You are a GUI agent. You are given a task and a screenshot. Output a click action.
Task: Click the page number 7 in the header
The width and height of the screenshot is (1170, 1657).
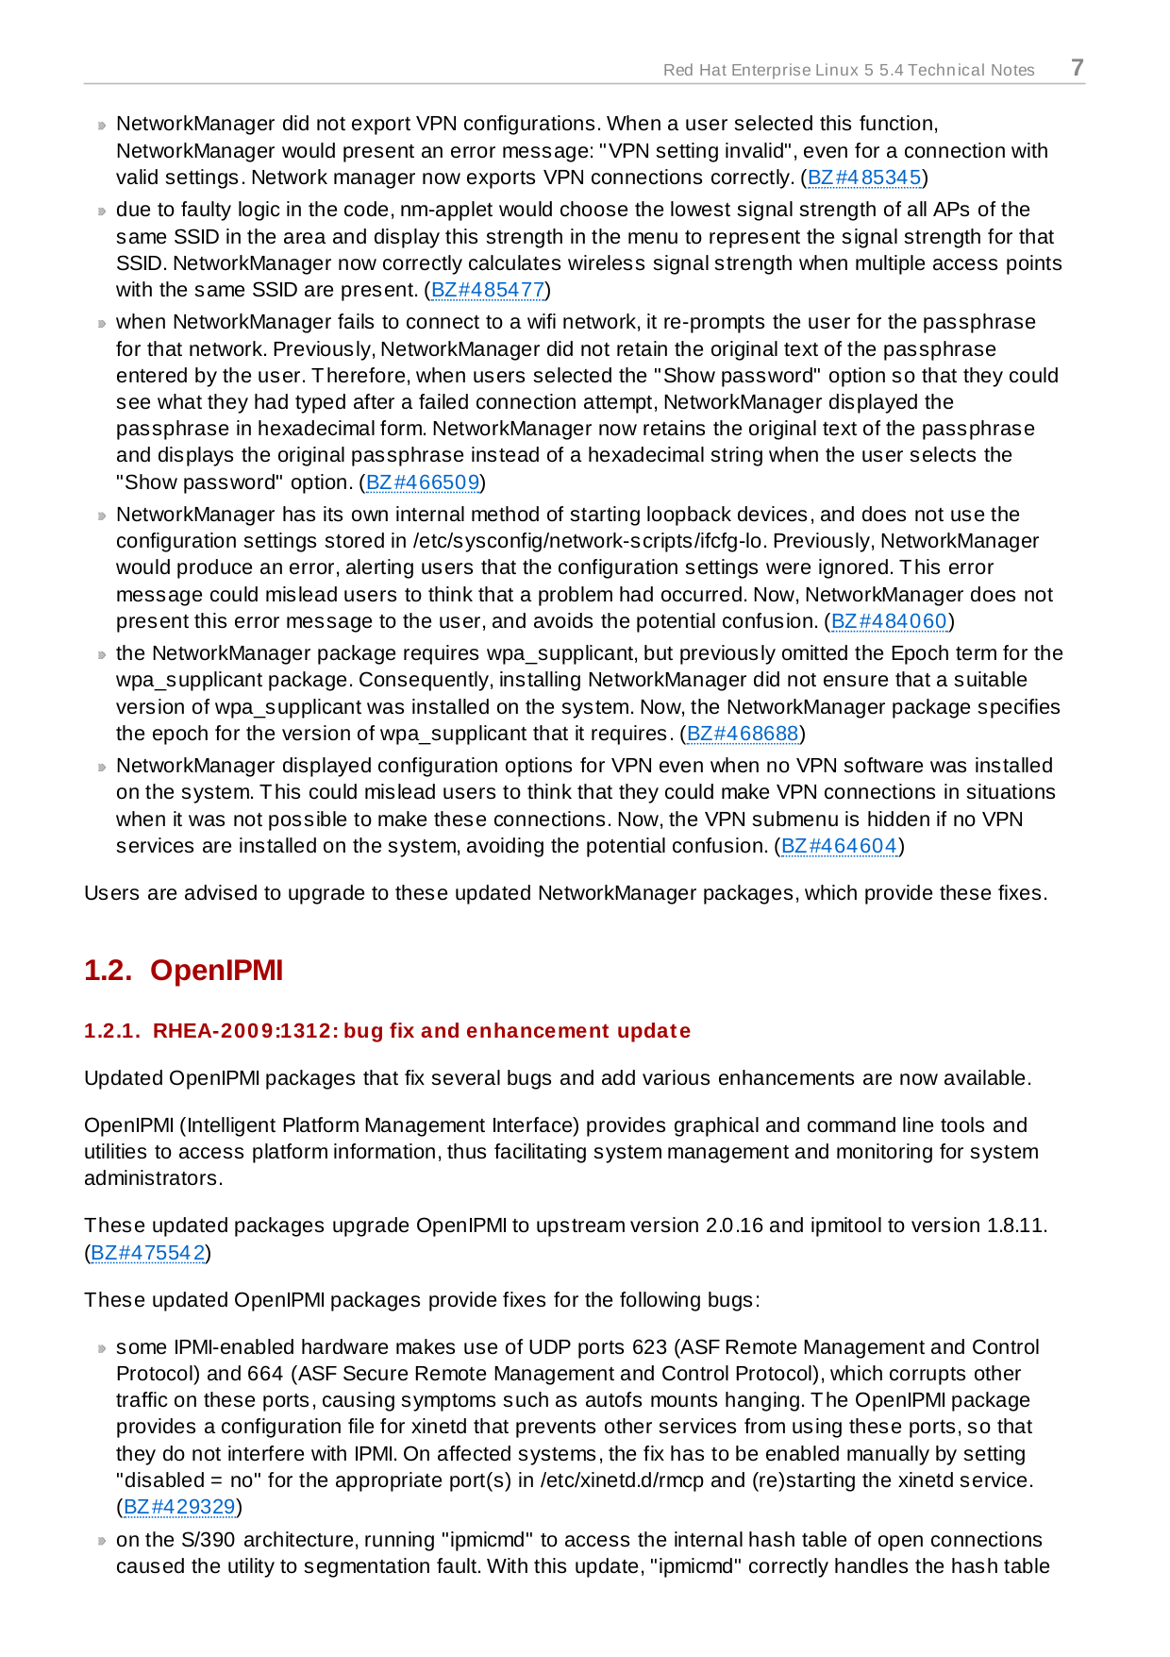(1077, 68)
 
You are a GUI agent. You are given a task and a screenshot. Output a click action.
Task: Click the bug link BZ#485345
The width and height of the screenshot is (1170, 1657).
(864, 178)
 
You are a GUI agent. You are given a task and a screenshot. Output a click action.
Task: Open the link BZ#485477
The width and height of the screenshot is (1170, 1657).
(488, 290)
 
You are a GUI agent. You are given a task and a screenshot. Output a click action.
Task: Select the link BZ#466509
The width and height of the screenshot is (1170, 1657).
(423, 482)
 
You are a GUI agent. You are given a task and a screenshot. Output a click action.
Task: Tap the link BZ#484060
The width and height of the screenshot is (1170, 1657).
(889, 621)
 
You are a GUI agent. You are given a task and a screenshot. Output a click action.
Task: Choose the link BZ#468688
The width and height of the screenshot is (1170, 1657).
(743, 734)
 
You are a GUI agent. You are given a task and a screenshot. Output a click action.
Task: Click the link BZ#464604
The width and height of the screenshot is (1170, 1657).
(839, 846)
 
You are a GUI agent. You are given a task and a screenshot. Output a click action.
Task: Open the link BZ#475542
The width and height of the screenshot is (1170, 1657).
(148, 1253)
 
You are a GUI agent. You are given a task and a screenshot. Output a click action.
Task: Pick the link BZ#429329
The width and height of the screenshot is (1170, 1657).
(179, 1507)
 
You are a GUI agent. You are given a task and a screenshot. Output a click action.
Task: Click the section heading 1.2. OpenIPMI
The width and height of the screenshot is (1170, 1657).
(183, 971)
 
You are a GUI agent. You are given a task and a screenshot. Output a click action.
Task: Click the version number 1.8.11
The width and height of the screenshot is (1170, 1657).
(1015, 1226)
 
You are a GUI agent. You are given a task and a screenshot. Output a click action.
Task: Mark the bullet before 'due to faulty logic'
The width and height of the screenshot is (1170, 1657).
(102, 211)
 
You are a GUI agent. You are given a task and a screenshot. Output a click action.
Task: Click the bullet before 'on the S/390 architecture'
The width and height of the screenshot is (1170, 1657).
(102, 1542)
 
